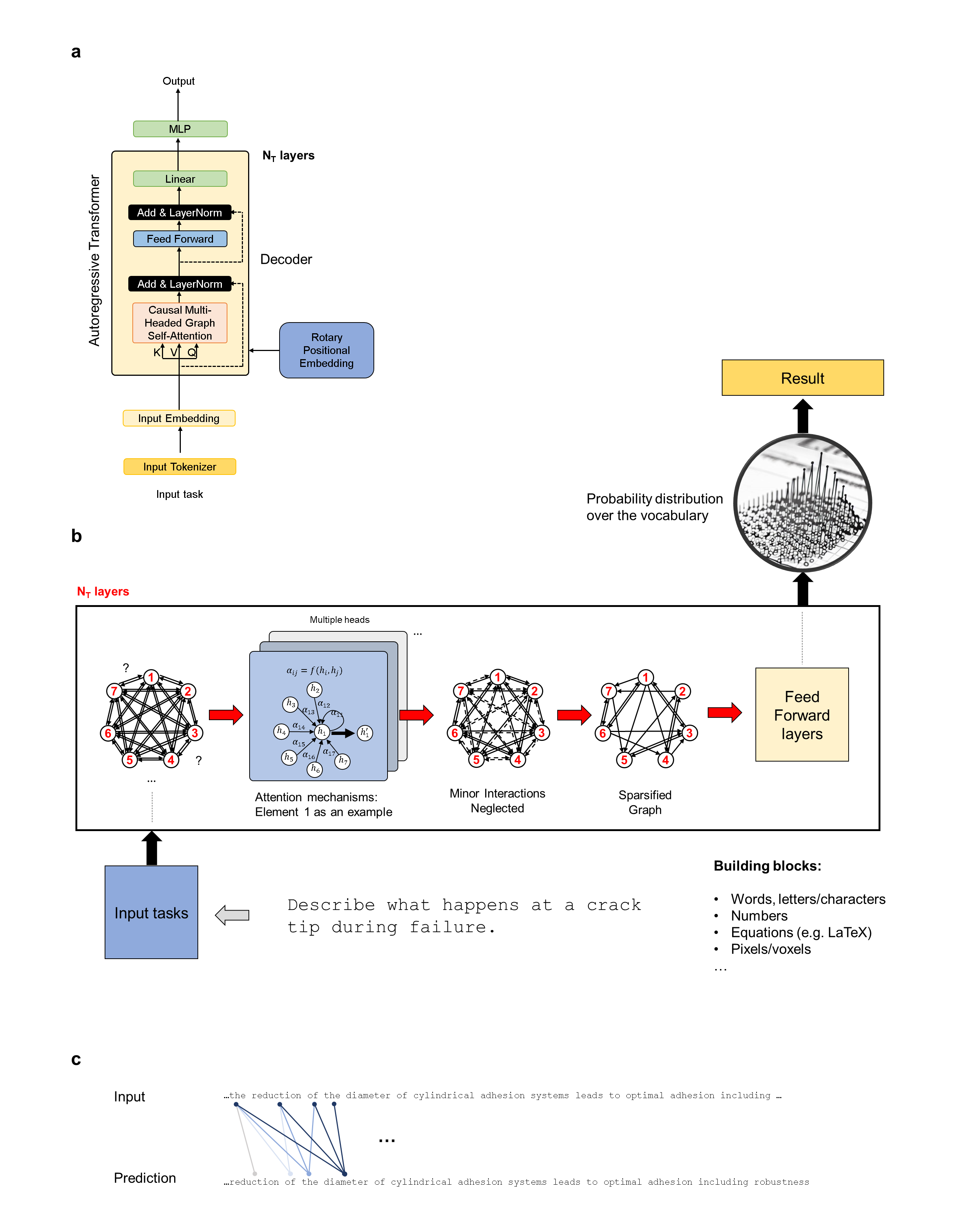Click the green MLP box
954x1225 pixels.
click(180, 129)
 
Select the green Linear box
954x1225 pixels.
click(180, 179)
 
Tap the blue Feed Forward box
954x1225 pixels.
click(180, 239)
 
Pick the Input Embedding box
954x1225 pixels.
click(179, 418)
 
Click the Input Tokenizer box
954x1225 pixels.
click(179, 467)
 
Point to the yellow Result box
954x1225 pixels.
click(802, 378)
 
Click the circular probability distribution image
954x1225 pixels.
click(802, 503)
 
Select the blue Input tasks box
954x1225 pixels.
click(152, 912)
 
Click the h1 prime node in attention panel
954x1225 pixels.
click(365, 733)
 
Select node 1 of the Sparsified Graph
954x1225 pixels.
click(646, 678)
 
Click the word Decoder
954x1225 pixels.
click(286, 260)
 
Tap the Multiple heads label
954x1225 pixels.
click(339, 620)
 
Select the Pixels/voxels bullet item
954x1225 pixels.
click(770, 949)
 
